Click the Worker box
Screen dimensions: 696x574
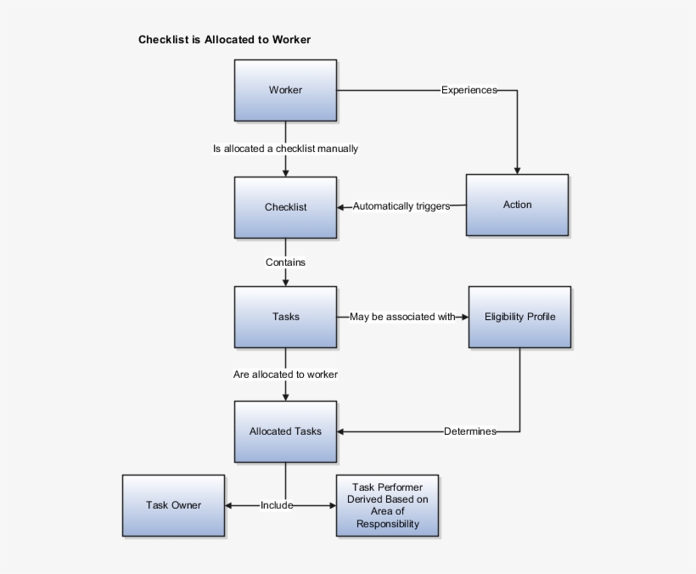[285, 90]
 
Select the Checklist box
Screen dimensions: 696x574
[285, 207]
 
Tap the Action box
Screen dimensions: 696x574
[517, 205]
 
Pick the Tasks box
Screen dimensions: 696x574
[285, 317]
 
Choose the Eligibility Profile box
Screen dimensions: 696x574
[519, 317]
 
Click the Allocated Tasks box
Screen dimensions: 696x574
[285, 431]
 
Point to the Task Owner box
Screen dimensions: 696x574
[173, 505]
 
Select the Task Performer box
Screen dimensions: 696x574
[388, 505]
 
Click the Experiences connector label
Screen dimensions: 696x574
[469, 90]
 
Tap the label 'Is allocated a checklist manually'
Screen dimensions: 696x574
[285, 149]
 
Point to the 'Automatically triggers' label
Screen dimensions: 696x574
[401, 206]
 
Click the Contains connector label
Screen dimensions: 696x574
[285, 262]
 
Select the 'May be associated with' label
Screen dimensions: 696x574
[402, 317]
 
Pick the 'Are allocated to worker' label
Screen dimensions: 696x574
[285, 374]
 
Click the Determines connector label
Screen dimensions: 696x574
[470, 431]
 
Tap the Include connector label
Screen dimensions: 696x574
[277, 505]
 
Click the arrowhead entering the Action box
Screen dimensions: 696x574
[517, 171]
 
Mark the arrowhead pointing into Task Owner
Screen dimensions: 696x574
[228, 505]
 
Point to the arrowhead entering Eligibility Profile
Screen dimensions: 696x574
[465, 317]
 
